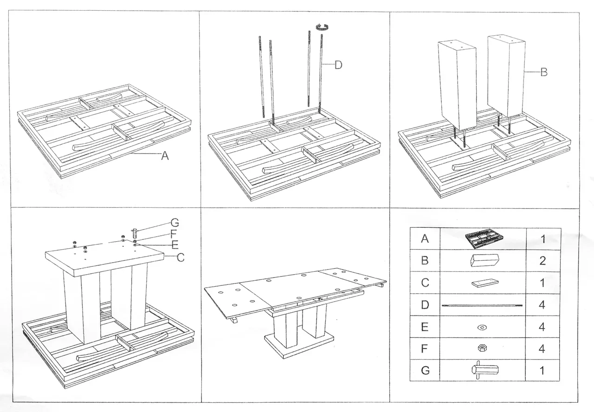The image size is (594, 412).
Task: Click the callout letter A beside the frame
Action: point(165,157)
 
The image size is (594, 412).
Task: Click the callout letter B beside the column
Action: point(544,72)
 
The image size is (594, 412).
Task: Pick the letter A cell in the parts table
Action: point(424,239)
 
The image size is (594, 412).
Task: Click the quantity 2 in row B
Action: point(542,261)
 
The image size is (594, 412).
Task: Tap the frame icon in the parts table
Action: point(484,239)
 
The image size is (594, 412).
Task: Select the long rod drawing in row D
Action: point(483,305)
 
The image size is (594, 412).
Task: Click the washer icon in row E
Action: point(483,328)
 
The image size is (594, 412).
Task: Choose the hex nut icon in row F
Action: point(483,349)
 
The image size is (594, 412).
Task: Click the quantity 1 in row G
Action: point(542,371)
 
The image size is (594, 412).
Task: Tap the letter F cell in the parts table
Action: point(424,349)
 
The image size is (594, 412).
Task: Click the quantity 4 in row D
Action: point(542,305)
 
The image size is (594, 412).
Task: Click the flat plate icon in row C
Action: point(483,283)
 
